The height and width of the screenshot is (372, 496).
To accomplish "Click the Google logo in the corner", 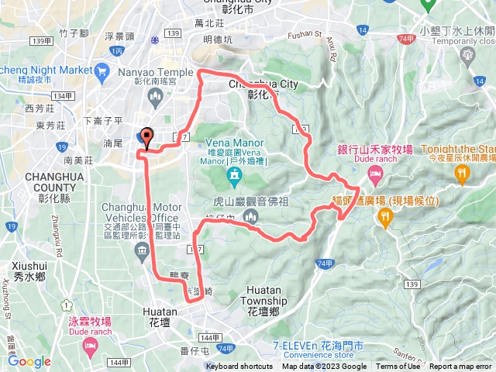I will click(x=29, y=361).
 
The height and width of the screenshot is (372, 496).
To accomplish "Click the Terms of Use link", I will click(x=398, y=367).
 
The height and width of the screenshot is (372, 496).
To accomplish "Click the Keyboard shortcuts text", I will click(x=239, y=367).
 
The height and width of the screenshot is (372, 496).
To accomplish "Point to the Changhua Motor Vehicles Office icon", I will click(x=142, y=250).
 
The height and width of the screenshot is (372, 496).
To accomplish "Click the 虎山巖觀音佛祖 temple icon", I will click(x=250, y=216).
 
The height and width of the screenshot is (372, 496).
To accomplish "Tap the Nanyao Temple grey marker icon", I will click(x=153, y=96).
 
